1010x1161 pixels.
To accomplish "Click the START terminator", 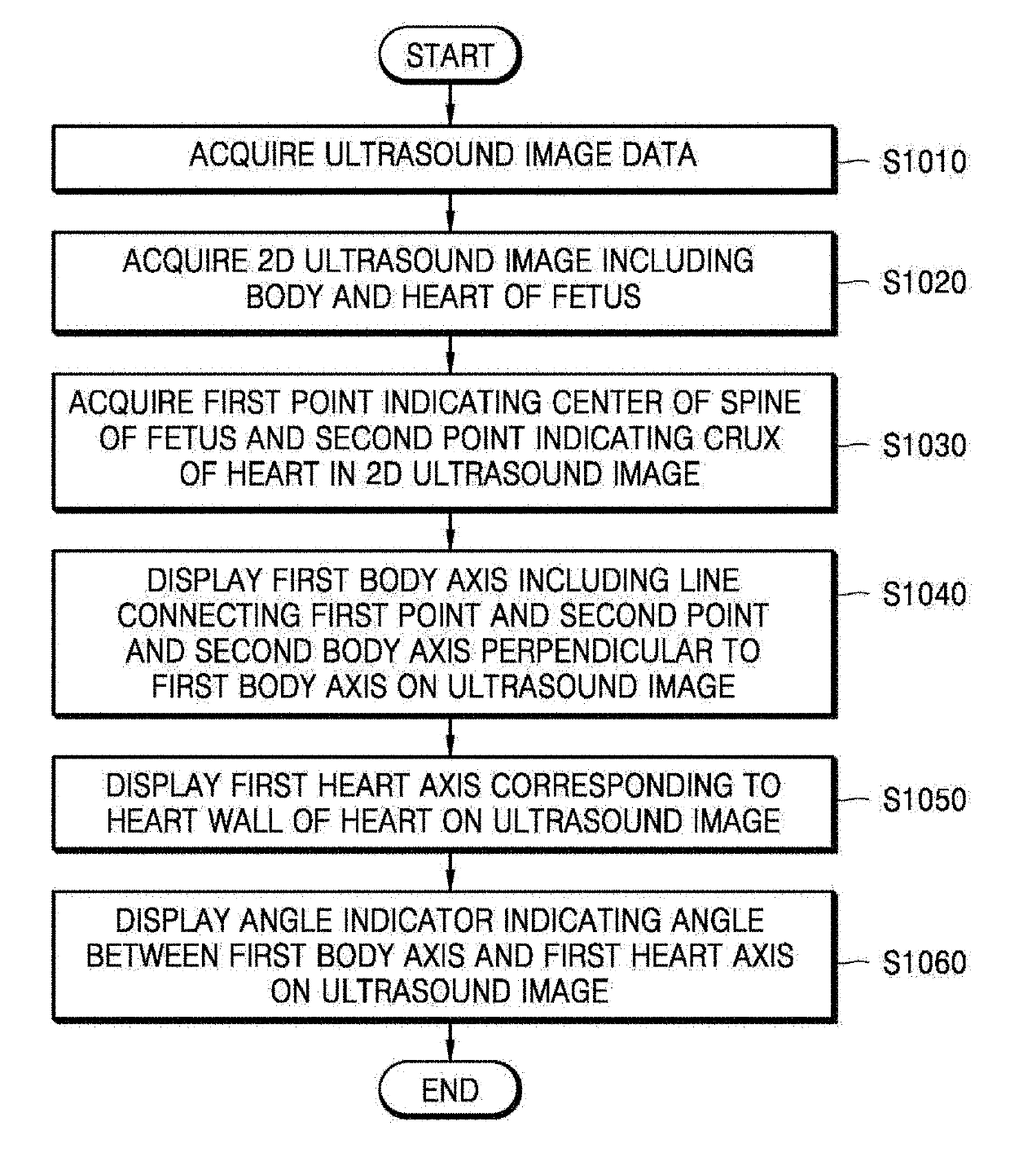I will point(450,55).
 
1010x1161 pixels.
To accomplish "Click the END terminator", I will point(450,1090).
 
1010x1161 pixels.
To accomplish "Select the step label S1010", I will point(924,161).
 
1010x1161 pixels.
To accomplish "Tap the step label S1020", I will point(924,283).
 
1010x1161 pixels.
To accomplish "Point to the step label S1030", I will point(924,446).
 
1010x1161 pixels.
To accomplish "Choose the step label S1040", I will point(924,594).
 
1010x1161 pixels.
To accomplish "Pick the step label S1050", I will point(924,799).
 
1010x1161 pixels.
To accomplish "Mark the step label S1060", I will point(924,962).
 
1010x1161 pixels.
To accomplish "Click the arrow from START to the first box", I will point(450,104).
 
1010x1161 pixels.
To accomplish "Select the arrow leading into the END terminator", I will point(450,1042).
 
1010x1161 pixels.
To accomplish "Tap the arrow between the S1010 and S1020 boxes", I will point(450,213).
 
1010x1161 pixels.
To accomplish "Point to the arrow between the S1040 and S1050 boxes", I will point(450,737).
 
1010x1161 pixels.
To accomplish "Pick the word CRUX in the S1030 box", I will point(740,438).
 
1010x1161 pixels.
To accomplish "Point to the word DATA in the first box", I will point(659,155).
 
